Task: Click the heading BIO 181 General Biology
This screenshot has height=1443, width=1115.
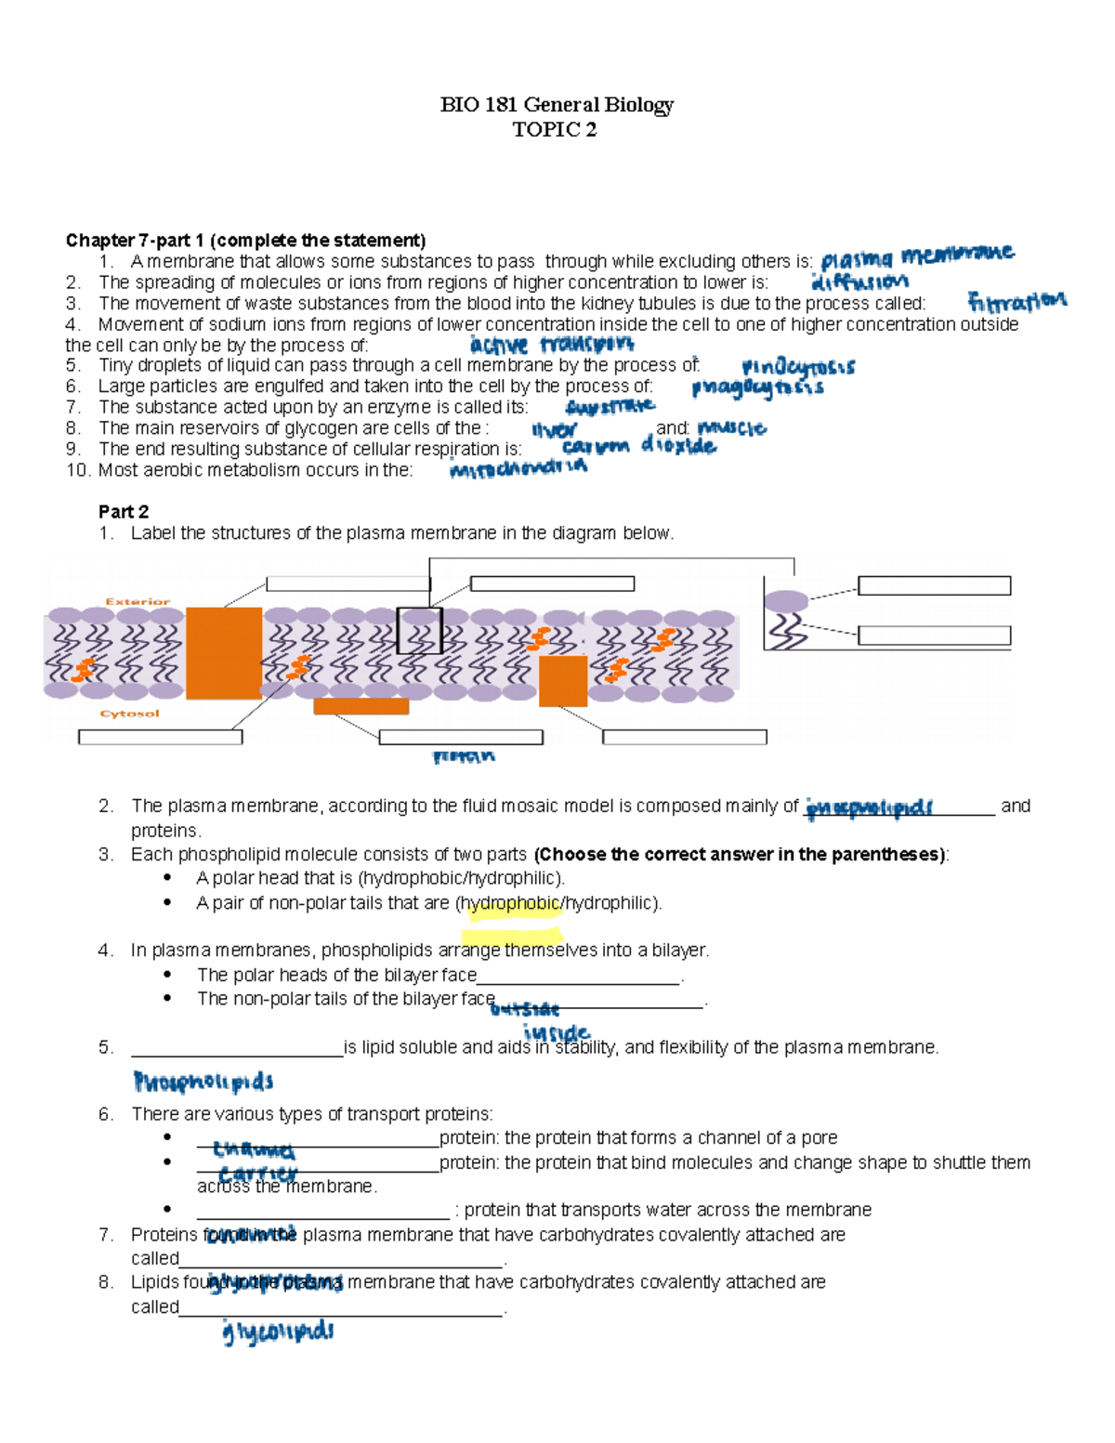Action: point(557,104)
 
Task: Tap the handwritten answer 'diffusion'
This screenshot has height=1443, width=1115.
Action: point(859,282)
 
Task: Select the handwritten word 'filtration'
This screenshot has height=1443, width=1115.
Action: point(1017,302)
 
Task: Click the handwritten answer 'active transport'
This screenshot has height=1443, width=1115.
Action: point(552,345)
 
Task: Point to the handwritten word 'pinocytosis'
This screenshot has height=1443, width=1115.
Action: point(798,367)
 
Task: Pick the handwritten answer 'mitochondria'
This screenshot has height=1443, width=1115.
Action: point(518,468)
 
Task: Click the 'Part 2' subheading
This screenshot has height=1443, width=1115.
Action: point(124,512)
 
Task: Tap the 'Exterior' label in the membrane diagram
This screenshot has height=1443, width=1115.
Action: point(138,601)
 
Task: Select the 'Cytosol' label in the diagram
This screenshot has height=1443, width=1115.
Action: point(129,714)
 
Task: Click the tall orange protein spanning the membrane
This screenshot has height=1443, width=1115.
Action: point(224,653)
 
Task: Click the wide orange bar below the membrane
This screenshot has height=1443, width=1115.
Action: point(361,706)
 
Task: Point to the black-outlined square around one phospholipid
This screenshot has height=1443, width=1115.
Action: point(419,631)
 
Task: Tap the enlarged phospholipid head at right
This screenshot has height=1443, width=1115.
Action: point(786,601)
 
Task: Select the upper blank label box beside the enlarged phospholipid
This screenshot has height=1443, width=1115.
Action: point(934,585)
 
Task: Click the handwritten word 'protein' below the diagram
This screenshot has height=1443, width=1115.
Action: point(464,756)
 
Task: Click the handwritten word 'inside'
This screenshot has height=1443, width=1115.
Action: point(557,1032)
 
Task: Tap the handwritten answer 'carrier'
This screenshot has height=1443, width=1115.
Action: point(257,1174)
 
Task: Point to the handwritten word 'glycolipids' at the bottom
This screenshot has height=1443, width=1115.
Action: point(278,1331)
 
